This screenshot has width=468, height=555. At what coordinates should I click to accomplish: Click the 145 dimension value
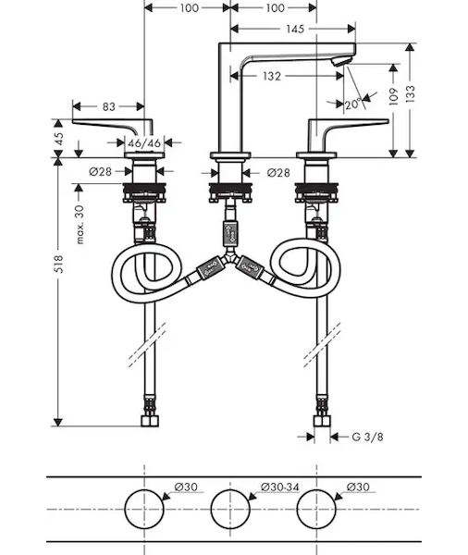coord(295,29)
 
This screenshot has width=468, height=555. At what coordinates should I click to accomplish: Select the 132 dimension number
coord(272,76)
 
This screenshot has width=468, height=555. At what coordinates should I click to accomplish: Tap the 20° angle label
coord(353,104)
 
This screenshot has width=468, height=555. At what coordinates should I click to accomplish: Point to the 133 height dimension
coord(411,94)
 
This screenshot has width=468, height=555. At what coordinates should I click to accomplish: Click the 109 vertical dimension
coord(394,96)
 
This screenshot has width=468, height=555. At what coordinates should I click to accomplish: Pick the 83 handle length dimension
coord(109,106)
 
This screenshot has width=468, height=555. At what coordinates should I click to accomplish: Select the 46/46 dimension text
coord(144,143)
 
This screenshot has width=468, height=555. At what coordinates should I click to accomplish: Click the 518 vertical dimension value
coord(59,264)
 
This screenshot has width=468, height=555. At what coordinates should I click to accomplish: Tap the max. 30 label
coord(80,225)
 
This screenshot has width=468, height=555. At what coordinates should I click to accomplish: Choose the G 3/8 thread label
coord(367,437)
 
